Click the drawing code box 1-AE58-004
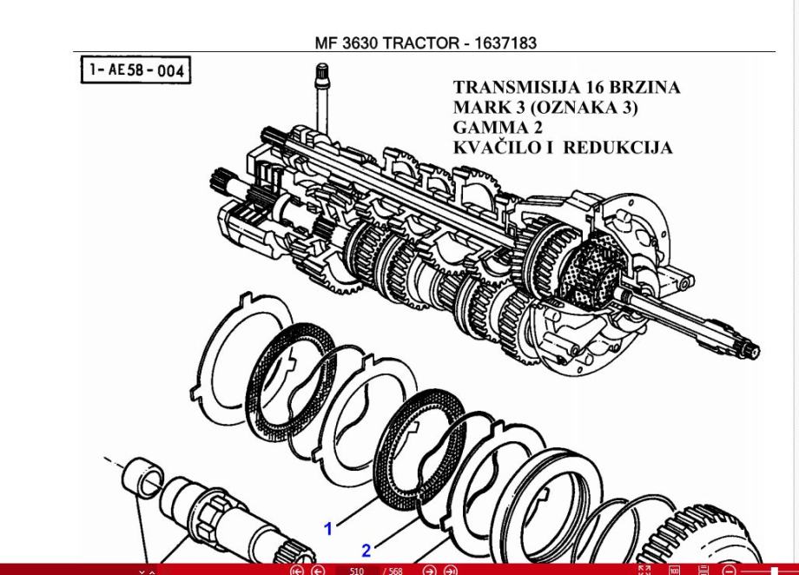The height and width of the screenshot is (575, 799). point(135,70)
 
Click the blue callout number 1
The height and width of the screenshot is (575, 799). point(328,528)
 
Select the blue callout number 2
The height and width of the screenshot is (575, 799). point(366,550)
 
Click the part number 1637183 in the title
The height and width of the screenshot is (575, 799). point(505,43)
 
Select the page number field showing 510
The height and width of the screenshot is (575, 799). point(356,571)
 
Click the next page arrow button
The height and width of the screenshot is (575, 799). point(429,571)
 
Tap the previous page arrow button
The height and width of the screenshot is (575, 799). point(318,571)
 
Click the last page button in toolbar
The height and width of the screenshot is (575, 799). point(450,571)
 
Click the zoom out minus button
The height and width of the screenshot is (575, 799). point(728,571)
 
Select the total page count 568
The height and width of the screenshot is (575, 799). point(395,571)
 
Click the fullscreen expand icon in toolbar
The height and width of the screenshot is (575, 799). point(644,571)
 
